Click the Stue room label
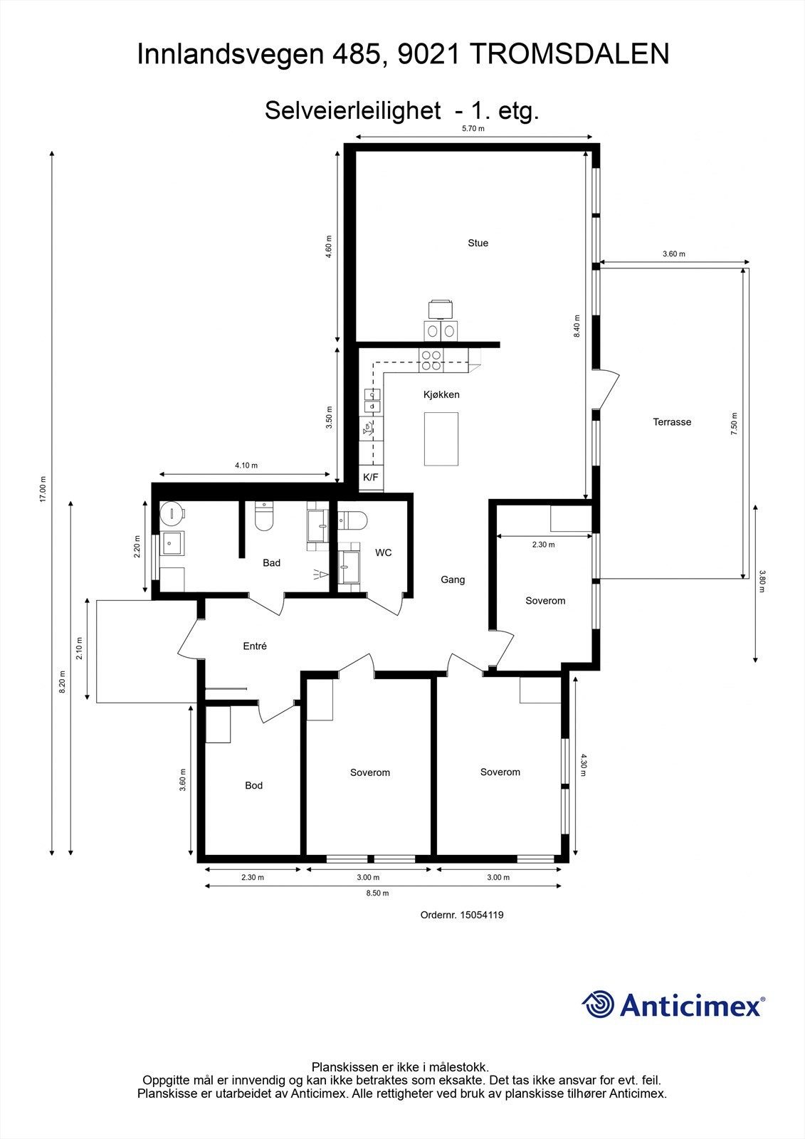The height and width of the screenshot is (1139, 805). pos(478,243)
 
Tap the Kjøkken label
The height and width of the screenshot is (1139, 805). pos(441,394)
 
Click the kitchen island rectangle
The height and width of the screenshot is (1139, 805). pos(441,439)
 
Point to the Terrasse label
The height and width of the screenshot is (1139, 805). pos(672,422)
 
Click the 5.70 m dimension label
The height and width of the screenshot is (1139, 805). pos(473,129)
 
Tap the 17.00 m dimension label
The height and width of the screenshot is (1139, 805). pos(43,489)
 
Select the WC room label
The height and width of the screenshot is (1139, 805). pos(384,552)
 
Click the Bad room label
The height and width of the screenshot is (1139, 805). pos(271,563)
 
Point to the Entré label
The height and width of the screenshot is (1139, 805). pos(255,646)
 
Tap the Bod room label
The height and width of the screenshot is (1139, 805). pos(253,786)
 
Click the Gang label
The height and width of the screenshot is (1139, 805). pos(453,579)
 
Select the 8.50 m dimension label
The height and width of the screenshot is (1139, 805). pos(377,893)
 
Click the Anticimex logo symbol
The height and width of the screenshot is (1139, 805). pos(598,1005)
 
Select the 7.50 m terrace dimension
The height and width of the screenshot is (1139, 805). pos(735,424)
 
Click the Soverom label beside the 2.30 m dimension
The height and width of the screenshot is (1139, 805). pos(545,601)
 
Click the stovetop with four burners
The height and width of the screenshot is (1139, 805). pos(431,360)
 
